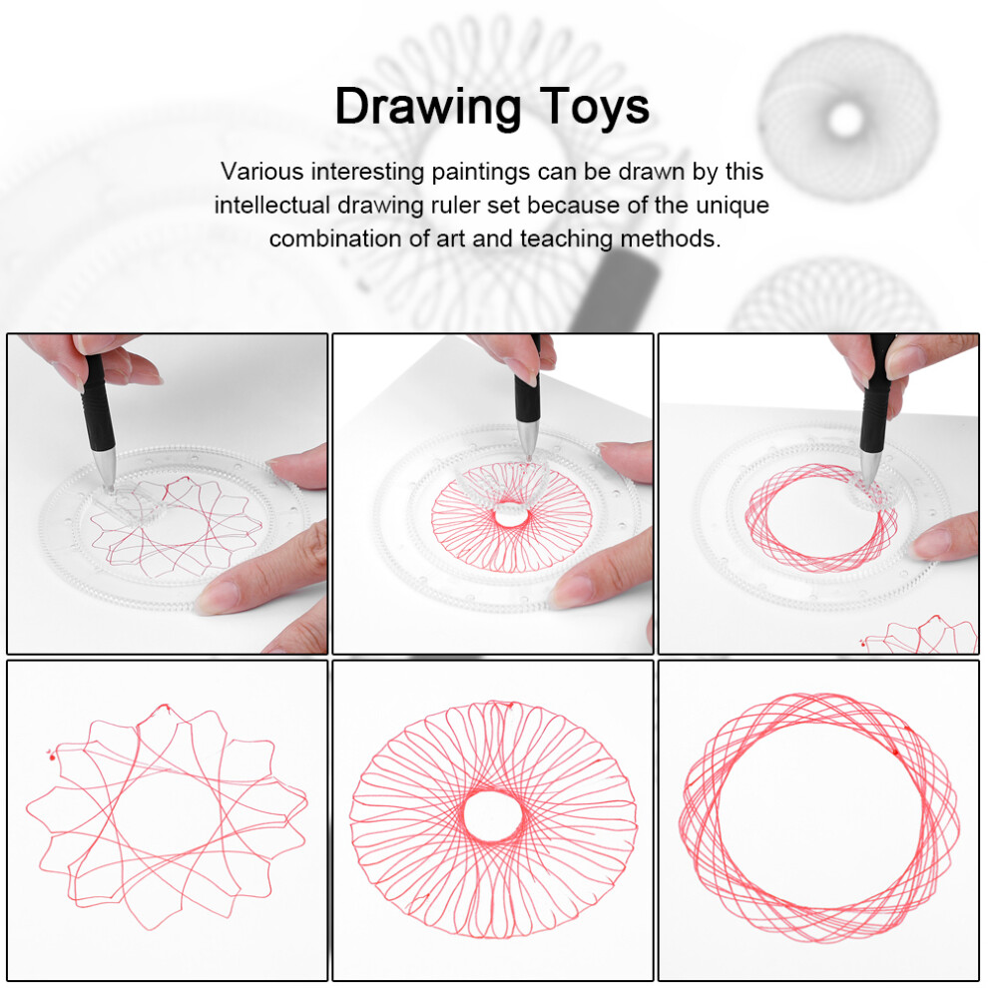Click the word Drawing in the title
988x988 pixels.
(x=428, y=109)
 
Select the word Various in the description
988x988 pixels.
(x=262, y=172)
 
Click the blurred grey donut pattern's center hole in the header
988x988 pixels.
(x=845, y=119)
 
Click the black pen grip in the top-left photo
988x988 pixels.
(x=98, y=402)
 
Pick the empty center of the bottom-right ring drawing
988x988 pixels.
(x=819, y=819)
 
